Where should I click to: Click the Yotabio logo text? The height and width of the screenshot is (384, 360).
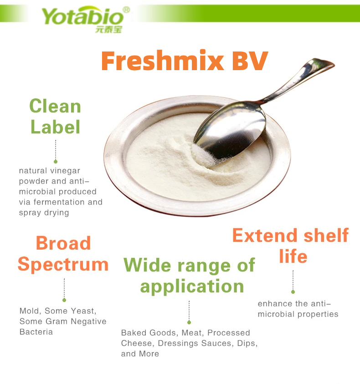click(x=82, y=17)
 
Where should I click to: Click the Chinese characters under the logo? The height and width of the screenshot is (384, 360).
click(x=109, y=30)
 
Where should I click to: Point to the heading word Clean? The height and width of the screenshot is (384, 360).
click(x=55, y=106)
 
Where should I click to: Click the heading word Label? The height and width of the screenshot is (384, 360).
click(x=55, y=127)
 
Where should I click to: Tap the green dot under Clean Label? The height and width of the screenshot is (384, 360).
click(x=56, y=161)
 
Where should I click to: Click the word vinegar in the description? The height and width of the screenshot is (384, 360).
click(x=65, y=171)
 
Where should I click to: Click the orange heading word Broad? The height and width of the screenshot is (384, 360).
click(x=63, y=243)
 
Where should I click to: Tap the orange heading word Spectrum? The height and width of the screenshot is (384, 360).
click(x=63, y=264)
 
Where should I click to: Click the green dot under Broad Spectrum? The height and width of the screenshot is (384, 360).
click(x=64, y=300)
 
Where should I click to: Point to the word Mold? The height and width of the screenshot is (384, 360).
click(x=29, y=311)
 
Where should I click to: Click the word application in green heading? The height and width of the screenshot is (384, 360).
click(x=192, y=286)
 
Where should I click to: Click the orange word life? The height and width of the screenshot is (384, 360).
click(x=293, y=256)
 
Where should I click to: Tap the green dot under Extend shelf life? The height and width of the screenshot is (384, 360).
click(x=293, y=292)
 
